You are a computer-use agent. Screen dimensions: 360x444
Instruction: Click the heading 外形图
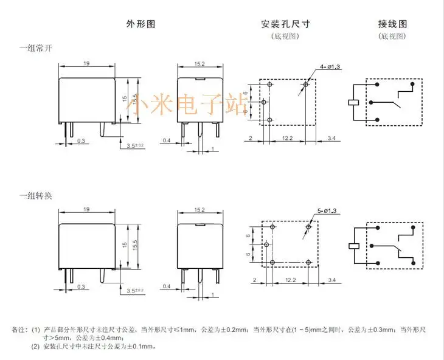click(141, 24)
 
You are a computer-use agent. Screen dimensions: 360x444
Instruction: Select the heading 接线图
click(392, 24)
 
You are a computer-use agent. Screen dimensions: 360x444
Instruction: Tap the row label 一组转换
click(35, 196)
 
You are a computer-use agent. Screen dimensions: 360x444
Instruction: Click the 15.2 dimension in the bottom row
click(198, 210)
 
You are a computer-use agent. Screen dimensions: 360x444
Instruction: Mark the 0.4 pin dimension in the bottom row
click(166, 286)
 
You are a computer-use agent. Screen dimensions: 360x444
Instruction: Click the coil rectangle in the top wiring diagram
click(352, 102)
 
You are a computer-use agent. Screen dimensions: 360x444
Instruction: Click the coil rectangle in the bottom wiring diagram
click(352, 247)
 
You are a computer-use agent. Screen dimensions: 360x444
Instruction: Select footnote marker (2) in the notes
click(35, 347)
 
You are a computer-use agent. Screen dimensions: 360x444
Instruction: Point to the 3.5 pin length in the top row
click(134, 146)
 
